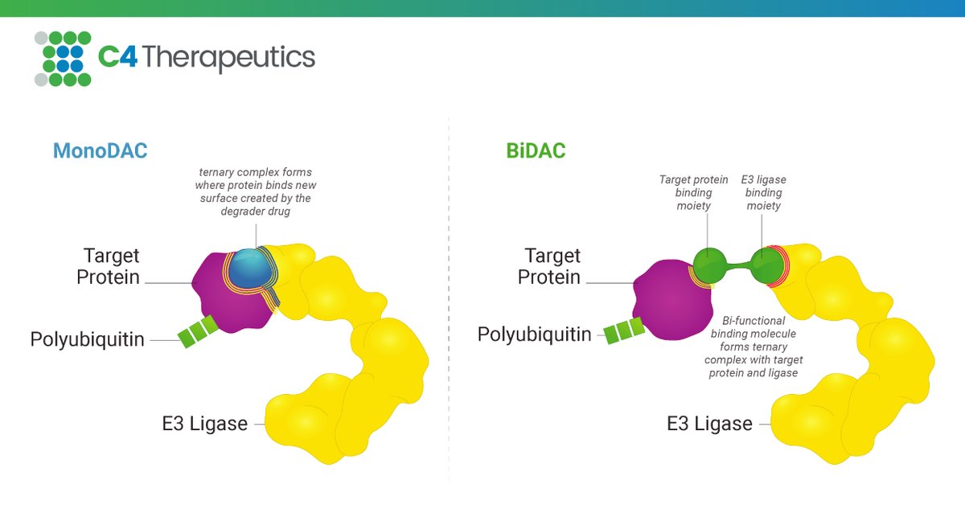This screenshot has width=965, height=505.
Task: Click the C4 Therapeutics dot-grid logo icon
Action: click(x=63, y=59)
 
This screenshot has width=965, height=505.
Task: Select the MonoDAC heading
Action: click(x=101, y=150)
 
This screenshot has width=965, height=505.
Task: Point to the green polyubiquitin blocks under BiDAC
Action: click(x=624, y=331)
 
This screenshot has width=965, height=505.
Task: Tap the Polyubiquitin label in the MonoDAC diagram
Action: click(x=88, y=339)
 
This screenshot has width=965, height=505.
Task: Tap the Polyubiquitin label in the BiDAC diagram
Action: click(x=535, y=334)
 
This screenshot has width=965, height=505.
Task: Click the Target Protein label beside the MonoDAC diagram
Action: click(x=109, y=266)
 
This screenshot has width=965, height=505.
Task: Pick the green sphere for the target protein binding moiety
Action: click(x=708, y=265)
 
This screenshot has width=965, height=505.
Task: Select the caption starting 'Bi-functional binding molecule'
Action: click(x=754, y=346)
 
